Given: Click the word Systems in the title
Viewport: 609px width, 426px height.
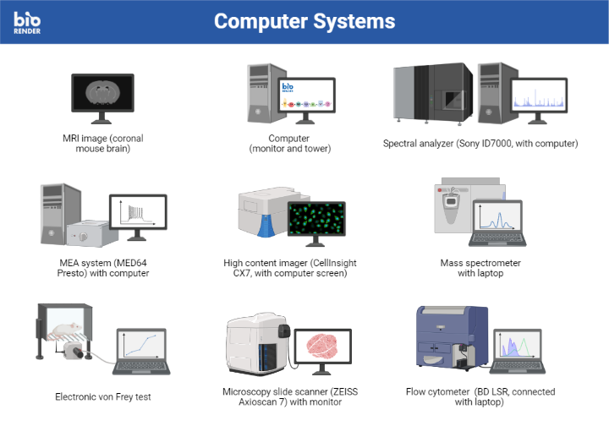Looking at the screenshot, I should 349,21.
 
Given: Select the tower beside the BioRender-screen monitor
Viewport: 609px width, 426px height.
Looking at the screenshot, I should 260,93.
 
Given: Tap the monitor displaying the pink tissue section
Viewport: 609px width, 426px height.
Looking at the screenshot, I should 326,347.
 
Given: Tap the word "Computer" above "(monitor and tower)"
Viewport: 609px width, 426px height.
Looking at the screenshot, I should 289,138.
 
